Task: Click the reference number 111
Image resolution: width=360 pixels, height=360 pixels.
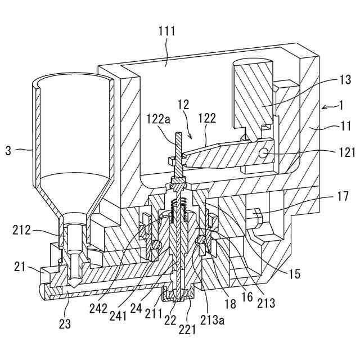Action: tap(166, 31)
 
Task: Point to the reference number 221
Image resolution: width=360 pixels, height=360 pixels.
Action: tap(188, 327)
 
